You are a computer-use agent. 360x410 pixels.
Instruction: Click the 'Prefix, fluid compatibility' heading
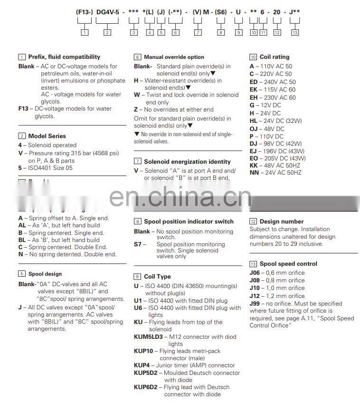click(64, 57)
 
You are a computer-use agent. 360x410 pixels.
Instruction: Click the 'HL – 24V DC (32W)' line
click(275, 121)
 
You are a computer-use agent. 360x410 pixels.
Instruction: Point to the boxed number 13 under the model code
click(295, 32)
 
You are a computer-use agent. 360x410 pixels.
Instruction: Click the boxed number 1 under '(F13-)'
click(85, 32)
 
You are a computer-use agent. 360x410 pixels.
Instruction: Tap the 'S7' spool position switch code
click(138, 244)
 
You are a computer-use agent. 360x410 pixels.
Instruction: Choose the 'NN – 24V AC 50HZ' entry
click(275, 173)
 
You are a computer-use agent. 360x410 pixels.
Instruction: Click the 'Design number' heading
click(281, 222)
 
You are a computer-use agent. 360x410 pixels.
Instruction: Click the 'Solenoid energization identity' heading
click(187, 162)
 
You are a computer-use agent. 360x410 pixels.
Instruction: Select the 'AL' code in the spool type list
click(22, 225)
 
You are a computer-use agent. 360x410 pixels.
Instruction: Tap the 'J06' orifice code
click(255, 273)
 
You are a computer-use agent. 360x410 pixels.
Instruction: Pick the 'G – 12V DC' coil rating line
click(265, 105)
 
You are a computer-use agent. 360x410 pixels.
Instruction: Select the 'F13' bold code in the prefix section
click(24, 109)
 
